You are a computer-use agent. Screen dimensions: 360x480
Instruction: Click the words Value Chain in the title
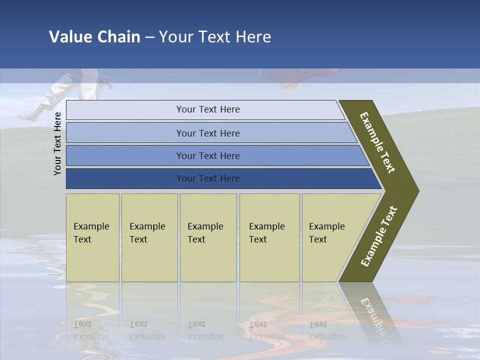pyautogui.click(x=94, y=37)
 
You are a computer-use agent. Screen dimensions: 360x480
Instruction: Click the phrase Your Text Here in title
pyautogui.click(x=214, y=37)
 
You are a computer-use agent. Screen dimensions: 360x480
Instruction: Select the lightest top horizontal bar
pyautogui.click(x=205, y=109)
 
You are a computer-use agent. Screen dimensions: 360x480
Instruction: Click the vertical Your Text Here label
pyautogui.click(x=57, y=143)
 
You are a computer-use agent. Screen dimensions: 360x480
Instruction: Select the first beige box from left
pyautogui.click(x=92, y=237)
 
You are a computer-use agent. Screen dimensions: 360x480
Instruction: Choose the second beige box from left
pyautogui.click(x=149, y=237)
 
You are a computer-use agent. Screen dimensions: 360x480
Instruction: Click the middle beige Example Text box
pyautogui.click(x=208, y=237)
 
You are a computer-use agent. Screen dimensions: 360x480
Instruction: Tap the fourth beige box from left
pyautogui.click(x=269, y=237)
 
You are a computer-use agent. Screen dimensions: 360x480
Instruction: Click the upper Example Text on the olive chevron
pyautogui.click(x=377, y=142)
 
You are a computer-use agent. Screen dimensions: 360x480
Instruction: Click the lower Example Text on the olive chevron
pyautogui.click(x=379, y=236)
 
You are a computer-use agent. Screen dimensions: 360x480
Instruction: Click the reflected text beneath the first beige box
pyautogui.click(x=92, y=330)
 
